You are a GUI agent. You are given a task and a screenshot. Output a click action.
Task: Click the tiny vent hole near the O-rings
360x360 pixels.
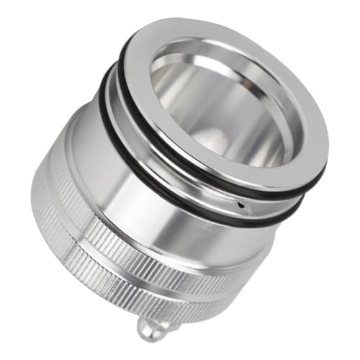click(240, 204)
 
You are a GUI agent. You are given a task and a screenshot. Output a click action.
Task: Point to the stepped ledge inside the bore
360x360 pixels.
click(216, 144)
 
